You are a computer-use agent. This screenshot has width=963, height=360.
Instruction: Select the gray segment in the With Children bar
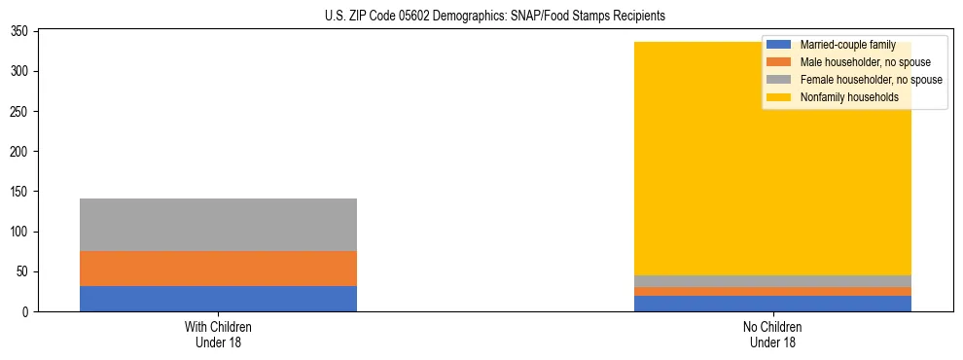[218, 225]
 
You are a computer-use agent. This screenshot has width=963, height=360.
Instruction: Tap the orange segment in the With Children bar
[218, 269]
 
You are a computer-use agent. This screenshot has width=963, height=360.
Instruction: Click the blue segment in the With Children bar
[218, 299]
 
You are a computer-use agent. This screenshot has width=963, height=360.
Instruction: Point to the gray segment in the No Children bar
[772, 281]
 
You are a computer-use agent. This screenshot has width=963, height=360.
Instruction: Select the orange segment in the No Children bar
[772, 291]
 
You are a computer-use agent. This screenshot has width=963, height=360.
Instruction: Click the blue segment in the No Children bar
[772, 304]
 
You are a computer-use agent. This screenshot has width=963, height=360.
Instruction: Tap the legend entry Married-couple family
[847, 45]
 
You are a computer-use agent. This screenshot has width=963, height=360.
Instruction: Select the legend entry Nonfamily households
[849, 97]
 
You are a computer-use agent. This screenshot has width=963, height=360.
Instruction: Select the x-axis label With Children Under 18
[218, 334]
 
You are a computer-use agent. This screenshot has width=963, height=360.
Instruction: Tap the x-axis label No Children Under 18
[772, 334]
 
